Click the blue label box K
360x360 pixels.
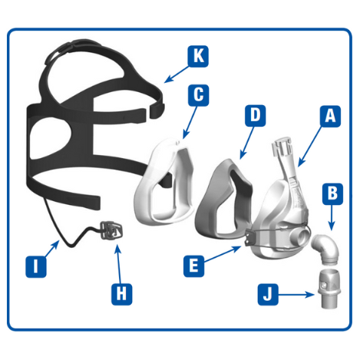[198, 56]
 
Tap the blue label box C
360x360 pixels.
[199, 95]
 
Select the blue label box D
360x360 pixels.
[255, 115]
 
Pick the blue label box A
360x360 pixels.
[330, 116]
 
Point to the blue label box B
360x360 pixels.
[332, 193]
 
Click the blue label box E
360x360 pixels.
[194, 266]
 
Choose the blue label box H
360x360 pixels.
[122, 294]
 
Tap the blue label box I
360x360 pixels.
[36, 267]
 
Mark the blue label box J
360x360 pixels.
[268, 295]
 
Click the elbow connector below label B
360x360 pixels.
[326, 248]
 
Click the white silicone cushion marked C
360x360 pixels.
[163, 183]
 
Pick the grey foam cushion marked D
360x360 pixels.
[224, 198]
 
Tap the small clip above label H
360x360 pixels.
[111, 230]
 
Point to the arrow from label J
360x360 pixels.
[296, 295]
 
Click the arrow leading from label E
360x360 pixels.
[223, 254]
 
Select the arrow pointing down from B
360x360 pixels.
[332, 217]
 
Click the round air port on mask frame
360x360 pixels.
[302, 236]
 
